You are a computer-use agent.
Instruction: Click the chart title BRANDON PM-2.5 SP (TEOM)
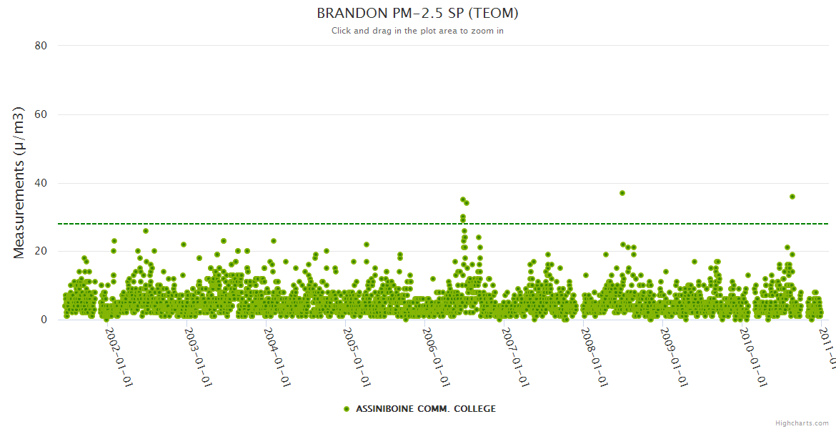coord(417,14)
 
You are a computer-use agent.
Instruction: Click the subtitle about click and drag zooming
coord(417,31)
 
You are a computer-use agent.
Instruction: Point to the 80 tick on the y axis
coord(41,46)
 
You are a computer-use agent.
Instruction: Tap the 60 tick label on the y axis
coord(41,114)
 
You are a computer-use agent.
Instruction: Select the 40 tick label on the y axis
coord(41,183)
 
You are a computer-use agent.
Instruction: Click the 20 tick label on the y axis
coord(41,252)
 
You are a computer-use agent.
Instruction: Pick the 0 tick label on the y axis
coord(44,320)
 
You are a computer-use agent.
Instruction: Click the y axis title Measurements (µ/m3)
coord(19,182)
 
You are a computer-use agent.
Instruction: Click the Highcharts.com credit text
coord(802,423)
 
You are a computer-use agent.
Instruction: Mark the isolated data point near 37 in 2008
coord(622,193)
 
